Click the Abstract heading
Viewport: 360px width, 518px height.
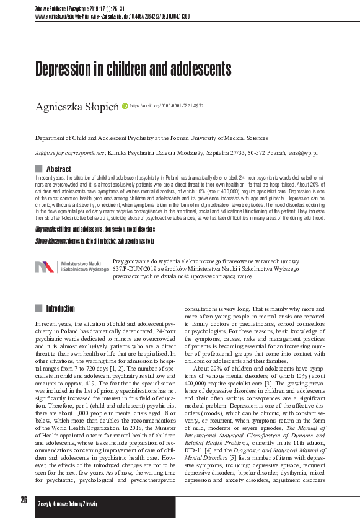click(x=59, y=169)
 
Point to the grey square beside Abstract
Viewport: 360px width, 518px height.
click(x=38, y=169)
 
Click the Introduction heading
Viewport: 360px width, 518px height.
click(x=61, y=309)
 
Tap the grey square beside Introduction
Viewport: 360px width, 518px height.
click(x=38, y=309)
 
